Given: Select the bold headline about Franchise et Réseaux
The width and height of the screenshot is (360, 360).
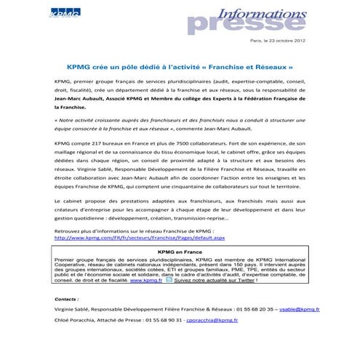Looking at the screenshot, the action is tap(180, 65).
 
